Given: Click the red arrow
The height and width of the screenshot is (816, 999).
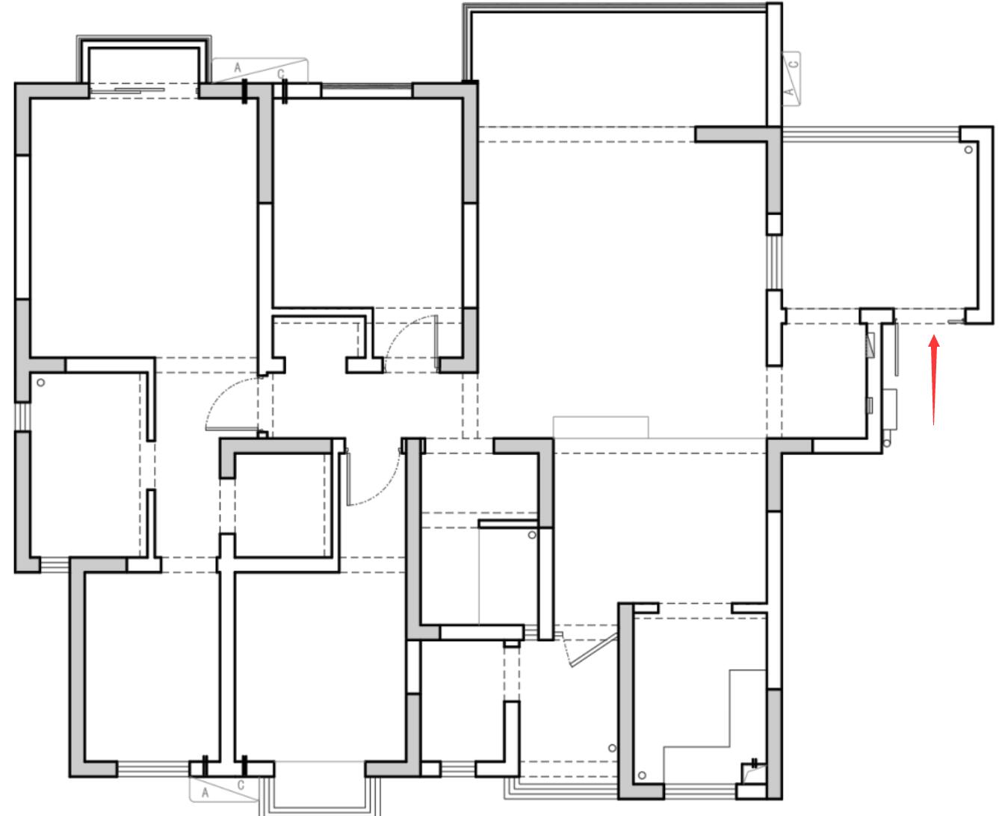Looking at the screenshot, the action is (x=933, y=380).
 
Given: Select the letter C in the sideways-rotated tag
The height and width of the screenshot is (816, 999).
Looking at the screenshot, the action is (x=794, y=63).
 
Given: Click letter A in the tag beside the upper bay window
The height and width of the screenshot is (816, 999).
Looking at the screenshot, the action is (x=238, y=68).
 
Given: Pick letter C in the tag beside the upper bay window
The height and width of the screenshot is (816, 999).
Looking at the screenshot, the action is (x=280, y=74).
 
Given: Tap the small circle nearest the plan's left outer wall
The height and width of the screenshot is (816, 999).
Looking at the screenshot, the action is (x=41, y=383).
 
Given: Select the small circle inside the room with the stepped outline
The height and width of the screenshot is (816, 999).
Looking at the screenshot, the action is (x=642, y=776).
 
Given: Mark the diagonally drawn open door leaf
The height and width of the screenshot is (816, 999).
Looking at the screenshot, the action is (x=594, y=650).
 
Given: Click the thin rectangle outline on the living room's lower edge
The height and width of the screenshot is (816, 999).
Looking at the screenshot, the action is (x=601, y=427).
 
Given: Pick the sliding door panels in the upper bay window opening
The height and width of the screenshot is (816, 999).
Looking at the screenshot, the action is (x=140, y=90).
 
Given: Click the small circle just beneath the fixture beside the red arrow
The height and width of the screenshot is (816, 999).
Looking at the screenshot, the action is (x=887, y=444).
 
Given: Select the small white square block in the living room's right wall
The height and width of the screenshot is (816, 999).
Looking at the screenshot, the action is (x=773, y=224).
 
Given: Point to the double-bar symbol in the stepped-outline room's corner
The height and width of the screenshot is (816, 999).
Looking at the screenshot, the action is (x=755, y=763).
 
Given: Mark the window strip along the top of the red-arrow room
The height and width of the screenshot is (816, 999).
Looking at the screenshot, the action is (x=870, y=134).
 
